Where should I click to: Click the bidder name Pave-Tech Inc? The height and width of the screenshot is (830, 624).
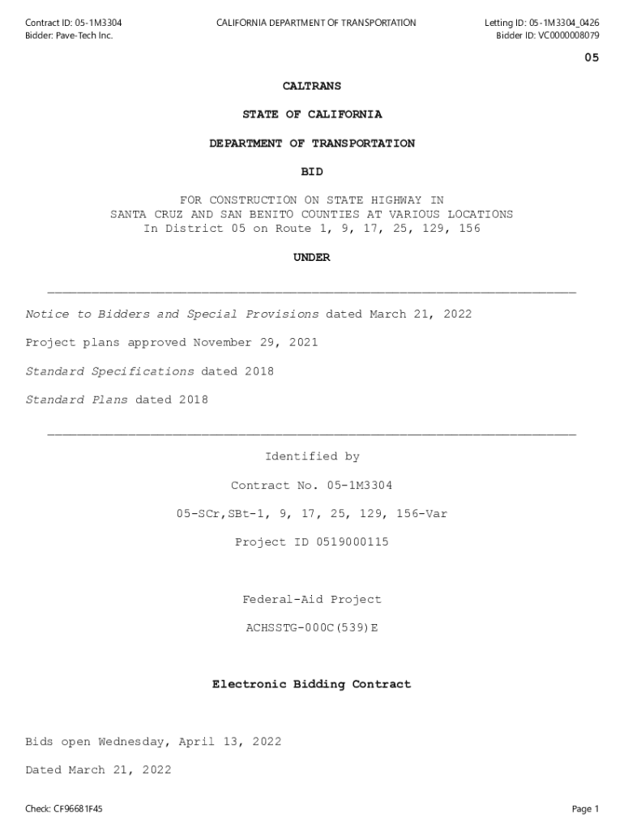pos(83,36)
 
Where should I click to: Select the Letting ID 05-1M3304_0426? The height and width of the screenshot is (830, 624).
pos(565,23)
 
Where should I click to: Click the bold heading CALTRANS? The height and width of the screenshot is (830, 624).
pos(312,86)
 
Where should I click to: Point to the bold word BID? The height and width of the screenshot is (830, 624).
pos(312,172)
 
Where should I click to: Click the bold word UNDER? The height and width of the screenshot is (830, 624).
pos(312,258)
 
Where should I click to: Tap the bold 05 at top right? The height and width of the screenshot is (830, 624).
pos(592,58)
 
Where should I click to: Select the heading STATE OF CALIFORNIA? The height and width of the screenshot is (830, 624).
pos(312,115)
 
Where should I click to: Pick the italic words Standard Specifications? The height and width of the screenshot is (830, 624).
pos(109,371)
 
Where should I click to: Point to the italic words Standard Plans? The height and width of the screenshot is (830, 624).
pos(76,400)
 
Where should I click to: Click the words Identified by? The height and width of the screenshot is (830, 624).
pos(312,457)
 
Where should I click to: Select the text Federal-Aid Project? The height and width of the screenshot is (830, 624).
pos(312,600)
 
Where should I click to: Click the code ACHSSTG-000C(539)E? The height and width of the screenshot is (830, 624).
pos(312,628)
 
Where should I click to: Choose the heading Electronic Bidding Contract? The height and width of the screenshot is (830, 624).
pos(312,685)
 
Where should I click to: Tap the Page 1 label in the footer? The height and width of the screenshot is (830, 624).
pos(584,809)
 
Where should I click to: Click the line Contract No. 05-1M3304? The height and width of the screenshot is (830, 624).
pos(312,486)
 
